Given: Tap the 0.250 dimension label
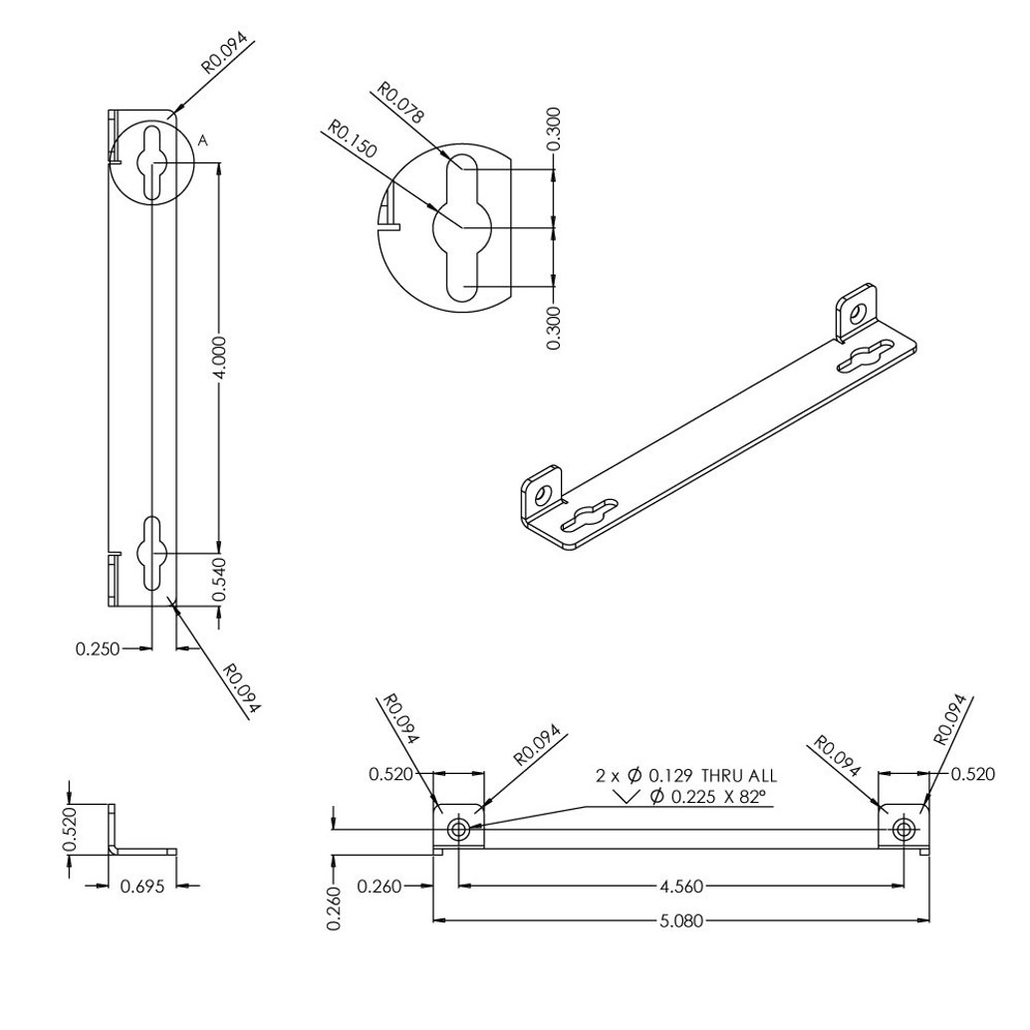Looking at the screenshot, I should coord(97,649).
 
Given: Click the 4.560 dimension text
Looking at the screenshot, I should coord(681,885).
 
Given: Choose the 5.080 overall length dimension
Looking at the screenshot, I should coord(681,920).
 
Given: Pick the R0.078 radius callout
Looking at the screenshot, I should coord(399,104).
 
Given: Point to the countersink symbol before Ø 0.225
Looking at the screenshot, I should coord(629,796).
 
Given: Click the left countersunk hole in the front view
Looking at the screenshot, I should coord(458,829).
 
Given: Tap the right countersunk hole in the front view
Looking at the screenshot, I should coord(903,829).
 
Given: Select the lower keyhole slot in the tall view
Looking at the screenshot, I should coord(152,553).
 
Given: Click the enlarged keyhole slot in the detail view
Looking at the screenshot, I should coord(459,227).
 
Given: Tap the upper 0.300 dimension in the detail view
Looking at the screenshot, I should coord(554,130).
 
